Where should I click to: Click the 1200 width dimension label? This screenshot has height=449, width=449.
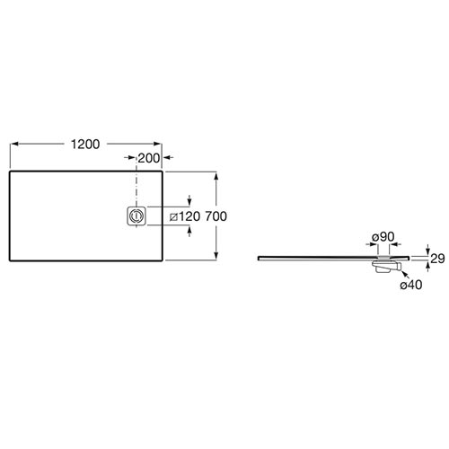pos(85,145)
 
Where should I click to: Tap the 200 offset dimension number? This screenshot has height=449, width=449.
pos(149,158)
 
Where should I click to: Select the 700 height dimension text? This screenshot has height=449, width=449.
pos(216,216)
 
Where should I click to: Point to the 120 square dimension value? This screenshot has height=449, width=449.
pos(189,216)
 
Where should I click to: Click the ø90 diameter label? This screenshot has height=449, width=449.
pos(383,237)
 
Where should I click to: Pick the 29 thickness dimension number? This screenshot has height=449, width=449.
pos(437,259)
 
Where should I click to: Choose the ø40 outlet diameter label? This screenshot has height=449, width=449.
pos(411,285)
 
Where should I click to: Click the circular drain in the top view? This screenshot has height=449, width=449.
pos(136,216)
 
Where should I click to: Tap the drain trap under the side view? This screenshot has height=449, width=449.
pos(386,266)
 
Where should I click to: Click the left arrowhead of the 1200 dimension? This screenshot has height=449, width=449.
pos(14,144)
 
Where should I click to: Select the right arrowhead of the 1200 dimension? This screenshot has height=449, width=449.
pos(158,144)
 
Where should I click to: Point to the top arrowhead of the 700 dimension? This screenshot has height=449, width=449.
pos(216,176)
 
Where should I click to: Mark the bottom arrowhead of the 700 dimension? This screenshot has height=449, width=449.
pos(216,256)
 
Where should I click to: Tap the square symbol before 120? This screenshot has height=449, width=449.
pos(173,216)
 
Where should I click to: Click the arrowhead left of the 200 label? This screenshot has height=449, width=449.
pos(132,157)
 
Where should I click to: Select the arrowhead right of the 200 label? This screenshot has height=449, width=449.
pos(166,157)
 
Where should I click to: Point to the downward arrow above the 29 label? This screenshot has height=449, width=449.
pos(427,250)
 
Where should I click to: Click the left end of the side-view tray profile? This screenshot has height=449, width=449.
pos(259,258)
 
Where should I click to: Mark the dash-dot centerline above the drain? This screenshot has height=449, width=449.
pos(136,182)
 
